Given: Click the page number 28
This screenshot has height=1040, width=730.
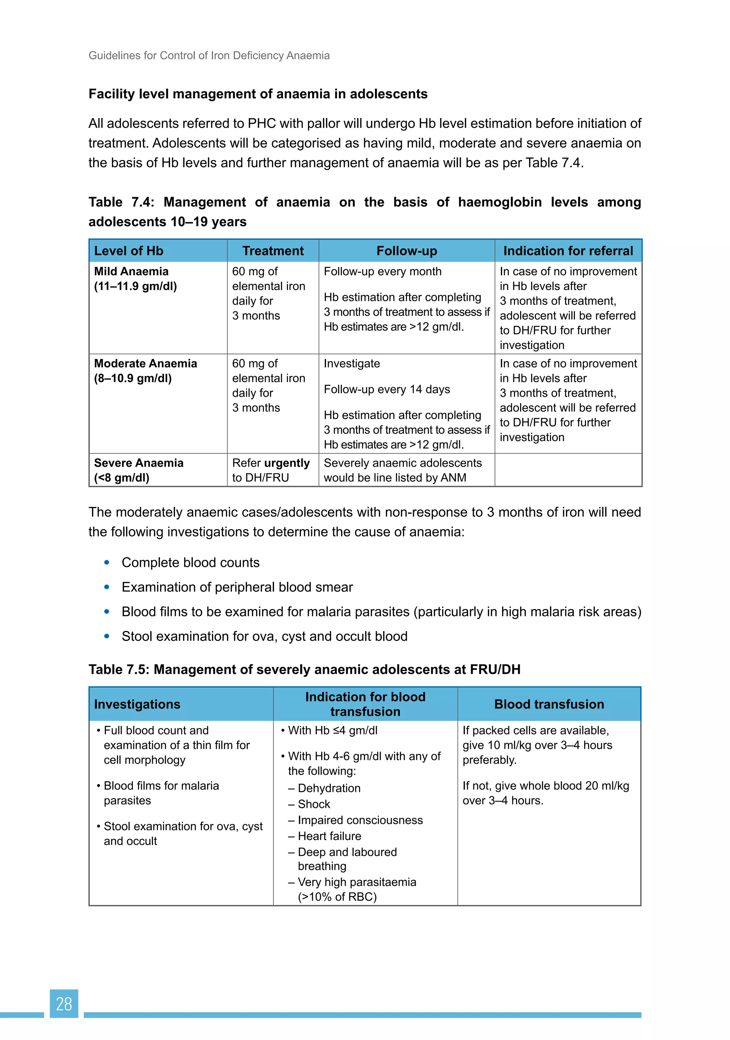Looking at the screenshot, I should click(64, 1004).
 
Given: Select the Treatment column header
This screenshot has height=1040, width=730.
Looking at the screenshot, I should click(273, 251).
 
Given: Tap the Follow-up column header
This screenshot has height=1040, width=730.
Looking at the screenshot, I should click(406, 251).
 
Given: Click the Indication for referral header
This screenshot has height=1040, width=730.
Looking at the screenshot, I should click(568, 251).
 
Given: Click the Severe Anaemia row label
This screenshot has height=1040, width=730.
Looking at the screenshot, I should click(139, 463).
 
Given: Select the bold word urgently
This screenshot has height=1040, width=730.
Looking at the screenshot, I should click(287, 463).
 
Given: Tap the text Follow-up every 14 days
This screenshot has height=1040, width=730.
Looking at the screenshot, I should click(386, 390).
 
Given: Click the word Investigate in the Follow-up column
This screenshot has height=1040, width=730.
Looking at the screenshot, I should click(351, 364).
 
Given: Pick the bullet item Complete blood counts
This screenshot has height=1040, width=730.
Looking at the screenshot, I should click(190, 563).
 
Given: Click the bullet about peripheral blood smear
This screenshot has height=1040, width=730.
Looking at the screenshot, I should click(237, 587).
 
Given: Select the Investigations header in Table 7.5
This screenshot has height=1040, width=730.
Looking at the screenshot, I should click(137, 705).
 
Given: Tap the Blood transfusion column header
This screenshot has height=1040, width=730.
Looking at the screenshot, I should click(549, 705).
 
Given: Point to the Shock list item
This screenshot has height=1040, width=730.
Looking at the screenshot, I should click(314, 804).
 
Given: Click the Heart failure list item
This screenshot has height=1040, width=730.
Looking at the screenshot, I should click(329, 836).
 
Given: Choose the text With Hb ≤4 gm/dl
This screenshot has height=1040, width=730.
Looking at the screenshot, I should click(333, 731).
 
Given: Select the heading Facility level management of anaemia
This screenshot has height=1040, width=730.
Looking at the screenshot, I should click(258, 94).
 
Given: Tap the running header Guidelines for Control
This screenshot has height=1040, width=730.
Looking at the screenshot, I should click(209, 56).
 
